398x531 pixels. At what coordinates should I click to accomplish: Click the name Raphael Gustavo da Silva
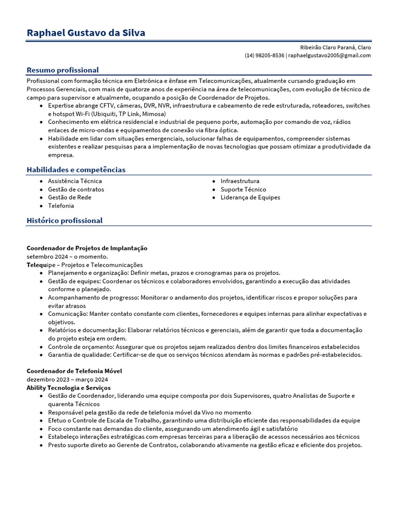click(86, 33)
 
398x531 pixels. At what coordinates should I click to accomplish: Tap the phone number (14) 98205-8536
click(264, 55)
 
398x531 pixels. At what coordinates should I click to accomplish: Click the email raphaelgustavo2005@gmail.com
click(330, 55)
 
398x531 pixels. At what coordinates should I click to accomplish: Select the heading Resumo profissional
click(63, 70)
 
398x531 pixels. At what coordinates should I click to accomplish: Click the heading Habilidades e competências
click(76, 170)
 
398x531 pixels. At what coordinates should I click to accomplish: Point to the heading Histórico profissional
click(64, 220)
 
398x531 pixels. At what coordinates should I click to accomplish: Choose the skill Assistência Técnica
click(75, 181)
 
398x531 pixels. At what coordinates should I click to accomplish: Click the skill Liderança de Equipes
click(250, 198)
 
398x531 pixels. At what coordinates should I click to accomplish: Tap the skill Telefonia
click(61, 206)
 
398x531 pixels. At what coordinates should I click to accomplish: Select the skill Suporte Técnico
click(243, 189)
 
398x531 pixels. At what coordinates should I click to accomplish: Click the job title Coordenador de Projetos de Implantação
click(87, 248)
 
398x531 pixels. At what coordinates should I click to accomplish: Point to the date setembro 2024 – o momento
click(67, 257)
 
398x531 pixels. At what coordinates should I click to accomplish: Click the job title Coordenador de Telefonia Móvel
click(74, 371)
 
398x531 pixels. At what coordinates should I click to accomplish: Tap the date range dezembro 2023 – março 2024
click(67, 380)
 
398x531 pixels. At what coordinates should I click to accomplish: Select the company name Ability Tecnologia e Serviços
click(68, 388)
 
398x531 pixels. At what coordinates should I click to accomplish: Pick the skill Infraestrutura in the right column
click(240, 181)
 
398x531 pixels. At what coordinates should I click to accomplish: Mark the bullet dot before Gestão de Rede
click(41, 198)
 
